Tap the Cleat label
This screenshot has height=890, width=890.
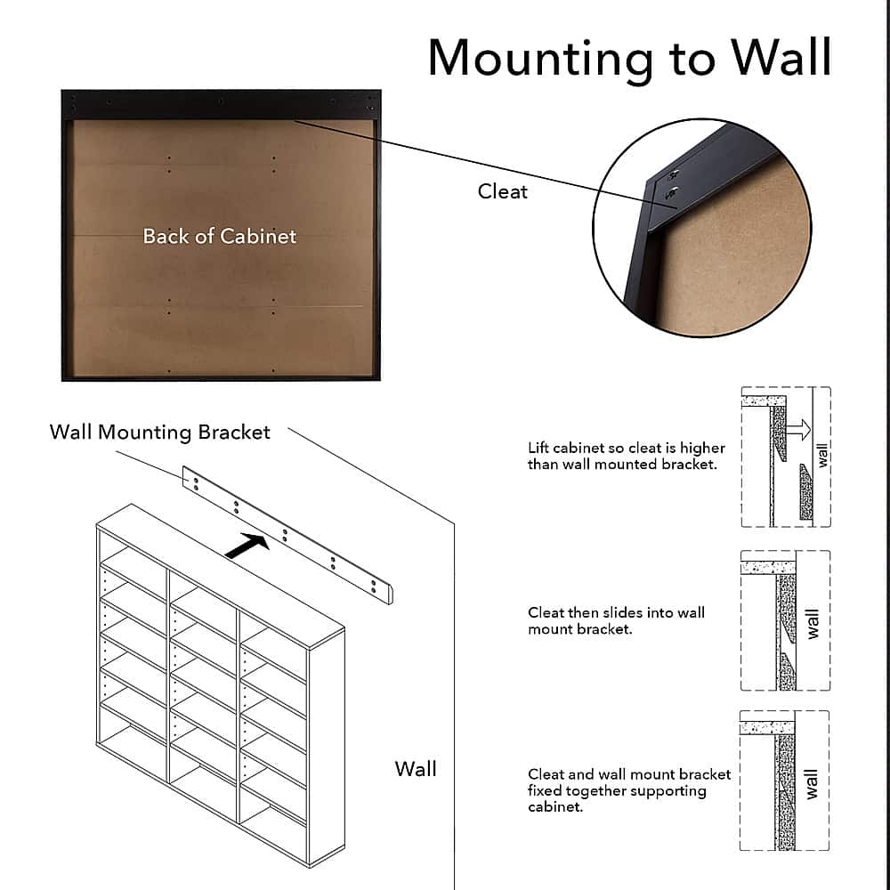(x=503, y=191)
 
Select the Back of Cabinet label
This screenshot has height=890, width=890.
(x=220, y=236)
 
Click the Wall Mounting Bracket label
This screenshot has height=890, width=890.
(x=160, y=433)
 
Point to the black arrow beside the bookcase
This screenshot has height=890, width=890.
(x=247, y=546)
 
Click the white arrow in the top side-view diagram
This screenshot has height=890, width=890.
(x=799, y=431)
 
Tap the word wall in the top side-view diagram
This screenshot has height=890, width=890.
(x=822, y=455)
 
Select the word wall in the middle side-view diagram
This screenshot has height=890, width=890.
(x=812, y=623)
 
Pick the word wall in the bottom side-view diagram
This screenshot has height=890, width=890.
(x=812, y=783)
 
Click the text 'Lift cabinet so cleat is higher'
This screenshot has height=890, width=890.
(x=627, y=448)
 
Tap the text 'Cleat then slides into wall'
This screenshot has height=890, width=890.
(x=616, y=612)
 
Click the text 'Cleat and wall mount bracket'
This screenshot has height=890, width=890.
(x=629, y=774)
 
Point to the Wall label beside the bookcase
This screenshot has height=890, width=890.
(x=416, y=768)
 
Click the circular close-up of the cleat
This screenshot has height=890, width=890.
(x=702, y=228)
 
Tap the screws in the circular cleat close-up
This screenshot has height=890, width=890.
(x=672, y=182)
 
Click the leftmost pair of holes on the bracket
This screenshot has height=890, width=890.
(x=193, y=481)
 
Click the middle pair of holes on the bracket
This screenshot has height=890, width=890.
(x=285, y=535)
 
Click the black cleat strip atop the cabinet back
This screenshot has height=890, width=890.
(x=221, y=104)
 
